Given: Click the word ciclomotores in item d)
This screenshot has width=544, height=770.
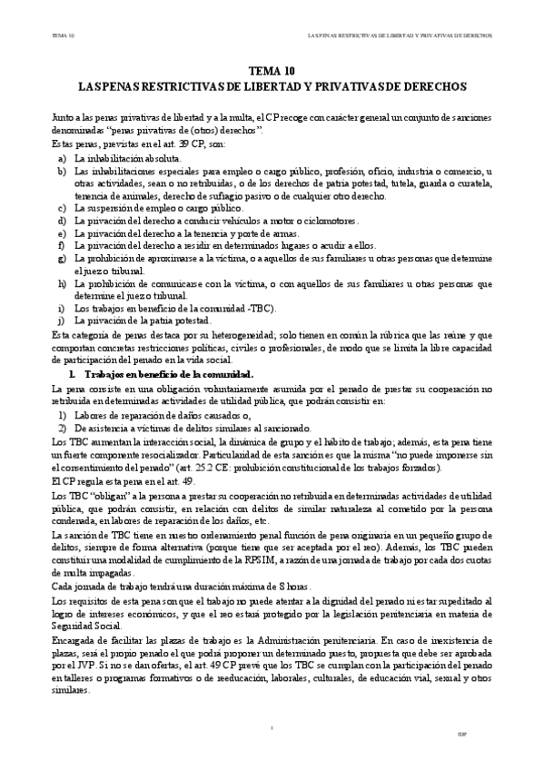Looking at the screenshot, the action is click(331, 220).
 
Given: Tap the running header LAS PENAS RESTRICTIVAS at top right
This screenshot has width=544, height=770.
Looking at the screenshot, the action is click(400, 37).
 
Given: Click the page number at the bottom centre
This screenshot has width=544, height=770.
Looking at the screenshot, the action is click(272, 727).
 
